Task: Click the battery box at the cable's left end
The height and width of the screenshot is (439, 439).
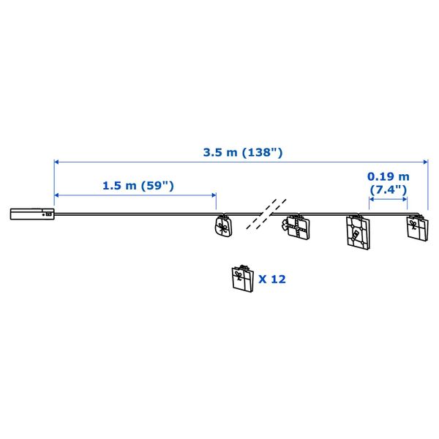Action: [x=31, y=214]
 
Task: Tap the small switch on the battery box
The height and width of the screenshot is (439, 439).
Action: [x=48, y=214]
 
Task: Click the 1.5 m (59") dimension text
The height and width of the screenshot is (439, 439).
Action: [x=138, y=185]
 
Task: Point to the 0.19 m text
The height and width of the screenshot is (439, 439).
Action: [x=389, y=176]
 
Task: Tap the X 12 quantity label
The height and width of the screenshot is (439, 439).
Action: [x=271, y=279]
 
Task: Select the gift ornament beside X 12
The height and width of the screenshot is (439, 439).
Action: [x=240, y=279]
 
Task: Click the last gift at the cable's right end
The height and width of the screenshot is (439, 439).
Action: [x=416, y=228]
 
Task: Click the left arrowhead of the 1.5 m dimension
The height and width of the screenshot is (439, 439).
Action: [x=57, y=195]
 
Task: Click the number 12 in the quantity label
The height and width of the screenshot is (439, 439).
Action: [x=278, y=279]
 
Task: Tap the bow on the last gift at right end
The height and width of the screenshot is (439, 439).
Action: [x=418, y=219]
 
